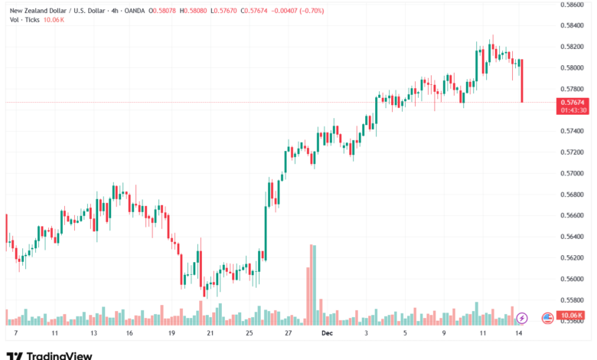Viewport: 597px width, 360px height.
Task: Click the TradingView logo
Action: point(49,355)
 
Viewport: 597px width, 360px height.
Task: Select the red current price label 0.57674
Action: point(573,102)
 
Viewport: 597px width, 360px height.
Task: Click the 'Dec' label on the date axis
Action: point(327,334)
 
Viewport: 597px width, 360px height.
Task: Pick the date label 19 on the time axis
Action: point(171,334)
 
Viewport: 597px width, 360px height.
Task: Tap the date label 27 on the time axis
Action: point(289,334)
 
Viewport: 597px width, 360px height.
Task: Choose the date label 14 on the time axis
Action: point(520,334)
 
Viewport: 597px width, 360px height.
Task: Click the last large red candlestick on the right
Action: point(522,80)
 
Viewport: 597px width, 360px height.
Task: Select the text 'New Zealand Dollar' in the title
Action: point(39,9)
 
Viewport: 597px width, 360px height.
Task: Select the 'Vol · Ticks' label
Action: point(24,19)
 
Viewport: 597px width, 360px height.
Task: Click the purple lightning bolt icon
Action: point(522,317)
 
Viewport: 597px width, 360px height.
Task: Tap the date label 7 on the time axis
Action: point(16,334)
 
